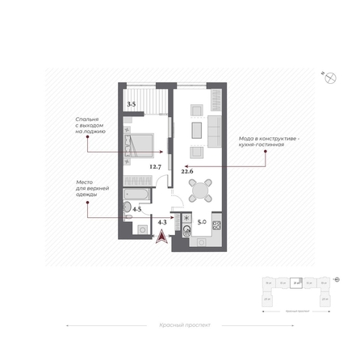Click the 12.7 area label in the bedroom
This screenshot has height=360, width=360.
(x=155, y=167)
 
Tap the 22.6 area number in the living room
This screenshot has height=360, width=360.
(x=187, y=171)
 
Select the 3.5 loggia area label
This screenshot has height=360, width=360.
(x=132, y=104)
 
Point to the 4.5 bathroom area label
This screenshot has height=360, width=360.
(x=137, y=209)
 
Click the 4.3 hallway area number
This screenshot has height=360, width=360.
(x=162, y=221)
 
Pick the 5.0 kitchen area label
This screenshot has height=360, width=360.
(x=202, y=221)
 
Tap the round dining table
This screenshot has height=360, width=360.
(x=199, y=190)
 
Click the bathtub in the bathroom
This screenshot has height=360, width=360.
(x=136, y=194)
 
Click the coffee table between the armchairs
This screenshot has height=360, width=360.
(x=195, y=130)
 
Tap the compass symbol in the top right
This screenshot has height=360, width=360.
(x=329, y=77)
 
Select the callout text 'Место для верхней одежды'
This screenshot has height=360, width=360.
(x=87, y=188)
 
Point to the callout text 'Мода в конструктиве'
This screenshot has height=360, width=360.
(x=269, y=140)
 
